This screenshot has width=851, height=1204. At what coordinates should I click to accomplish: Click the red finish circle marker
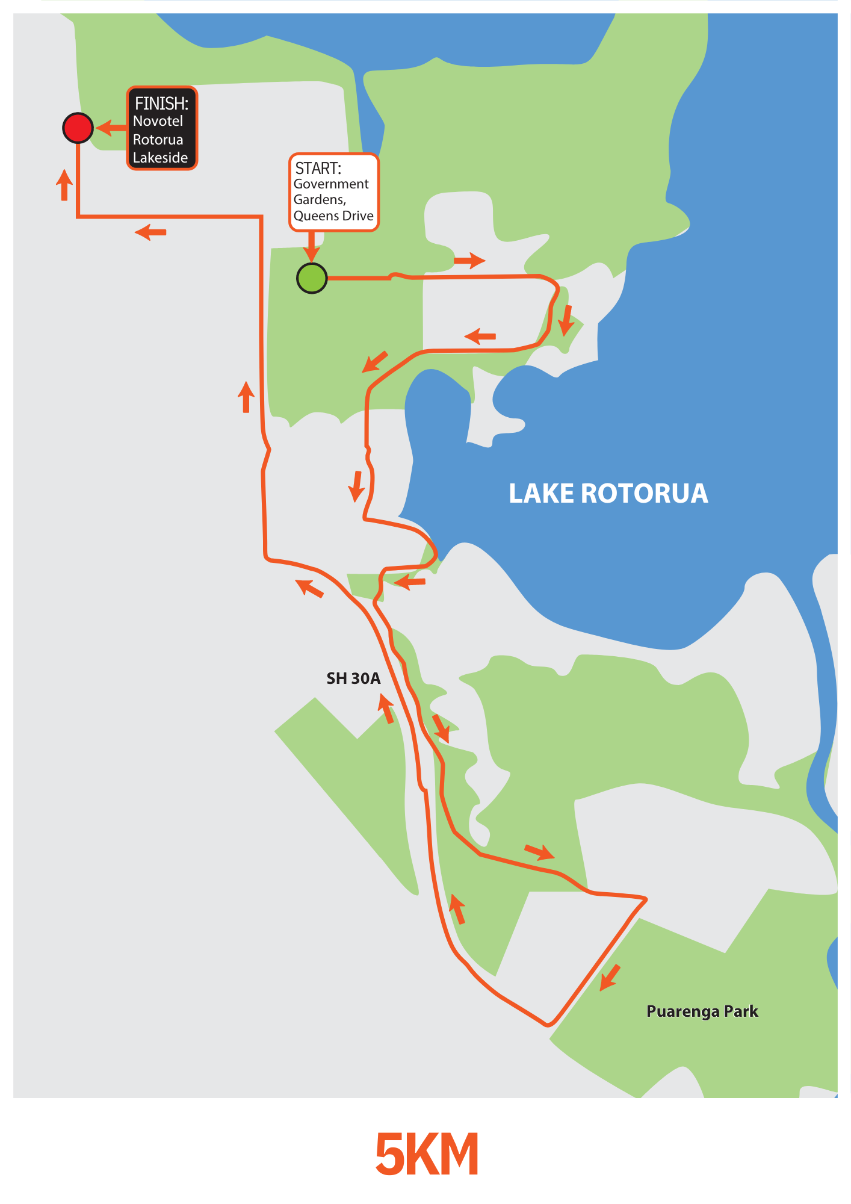pyautogui.click(x=78, y=128)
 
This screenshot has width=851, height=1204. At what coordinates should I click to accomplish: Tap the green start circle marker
pyautogui.click(x=312, y=278)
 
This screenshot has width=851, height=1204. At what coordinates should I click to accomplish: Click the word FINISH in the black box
pyautogui.click(x=161, y=104)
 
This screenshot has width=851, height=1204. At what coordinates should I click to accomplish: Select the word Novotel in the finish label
pyautogui.click(x=158, y=121)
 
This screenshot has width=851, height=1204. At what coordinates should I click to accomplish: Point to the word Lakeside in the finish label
pyautogui.click(x=160, y=158)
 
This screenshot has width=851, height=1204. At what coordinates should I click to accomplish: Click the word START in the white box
pyautogui.click(x=318, y=168)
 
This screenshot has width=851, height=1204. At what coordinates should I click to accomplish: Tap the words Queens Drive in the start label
pyautogui.click(x=333, y=216)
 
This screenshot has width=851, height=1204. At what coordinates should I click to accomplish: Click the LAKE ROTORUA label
pyautogui.click(x=608, y=494)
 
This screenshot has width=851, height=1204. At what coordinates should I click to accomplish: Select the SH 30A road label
pyautogui.click(x=353, y=678)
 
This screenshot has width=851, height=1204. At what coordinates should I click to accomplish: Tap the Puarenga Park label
pyautogui.click(x=702, y=1011)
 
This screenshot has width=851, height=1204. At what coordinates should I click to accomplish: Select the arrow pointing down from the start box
pyautogui.click(x=311, y=246)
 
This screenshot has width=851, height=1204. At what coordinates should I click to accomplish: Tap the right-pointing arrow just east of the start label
pyautogui.click(x=469, y=261)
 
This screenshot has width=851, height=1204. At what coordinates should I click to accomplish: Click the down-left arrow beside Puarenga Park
pyautogui.click(x=610, y=976)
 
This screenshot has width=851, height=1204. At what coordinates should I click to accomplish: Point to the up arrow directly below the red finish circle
pyautogui.click(x=64, y=185)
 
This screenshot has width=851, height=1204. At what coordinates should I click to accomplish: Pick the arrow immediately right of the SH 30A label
pyautogui.click(x=386, y=708)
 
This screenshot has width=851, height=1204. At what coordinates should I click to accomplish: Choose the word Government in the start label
pyautogui.click(x=331, y=184)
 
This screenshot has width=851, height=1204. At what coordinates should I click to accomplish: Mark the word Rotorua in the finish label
pyautogui.click(x=158, y=140)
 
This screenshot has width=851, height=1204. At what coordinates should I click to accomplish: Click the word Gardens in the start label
pyautogui.click(x=320, y=200)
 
